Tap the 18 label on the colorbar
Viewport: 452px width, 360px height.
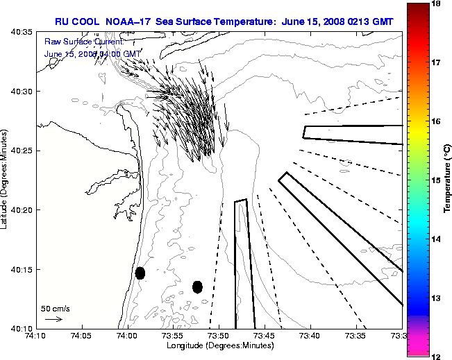coord(437,3)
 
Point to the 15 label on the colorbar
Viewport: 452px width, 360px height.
coord(437,180)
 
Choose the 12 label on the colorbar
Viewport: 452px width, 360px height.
coord(437,356)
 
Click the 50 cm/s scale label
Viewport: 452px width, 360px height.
coord(56,309)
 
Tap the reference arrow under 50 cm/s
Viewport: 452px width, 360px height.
coord(53,320)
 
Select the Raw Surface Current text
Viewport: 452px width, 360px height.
coord(73,41)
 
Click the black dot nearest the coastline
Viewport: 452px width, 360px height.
coord(140,273)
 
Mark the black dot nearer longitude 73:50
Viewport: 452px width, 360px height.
coord(197,286)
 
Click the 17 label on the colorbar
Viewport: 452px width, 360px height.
coord(437,62)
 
